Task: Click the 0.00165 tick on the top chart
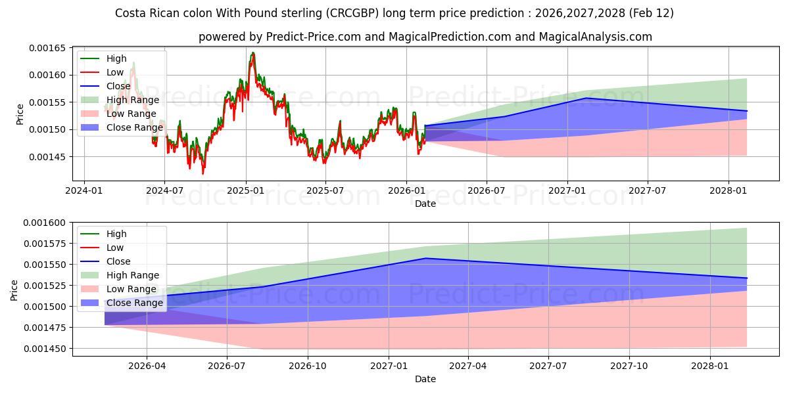(x=50, y=48)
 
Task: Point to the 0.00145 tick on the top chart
(x=50, y=157)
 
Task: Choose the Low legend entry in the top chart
(x=116, y=72)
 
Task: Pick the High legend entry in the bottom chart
(x=116, y=234)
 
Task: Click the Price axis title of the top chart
(x=20, y=114)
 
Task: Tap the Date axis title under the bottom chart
(x=425, y=379)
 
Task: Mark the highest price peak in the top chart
(x=252, y=53)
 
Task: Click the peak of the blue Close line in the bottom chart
(x=426, y=258)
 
